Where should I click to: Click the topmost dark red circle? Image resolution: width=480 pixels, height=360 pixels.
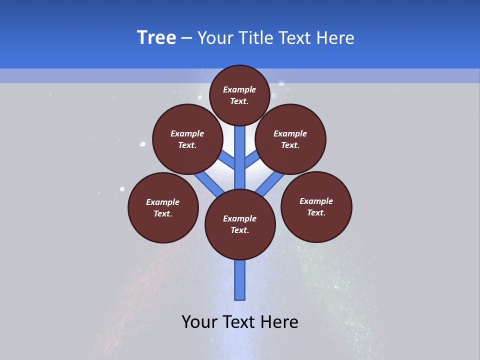point(239,95)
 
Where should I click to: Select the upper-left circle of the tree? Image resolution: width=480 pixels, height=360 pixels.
point(187,139)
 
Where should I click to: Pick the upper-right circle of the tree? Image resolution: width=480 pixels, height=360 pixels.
point(290,139)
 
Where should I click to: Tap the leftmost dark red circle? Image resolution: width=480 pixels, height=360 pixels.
point(163,207)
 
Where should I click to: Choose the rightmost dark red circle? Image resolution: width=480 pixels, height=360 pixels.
point(316,206)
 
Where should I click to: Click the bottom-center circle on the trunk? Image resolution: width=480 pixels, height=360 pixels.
point(240,224)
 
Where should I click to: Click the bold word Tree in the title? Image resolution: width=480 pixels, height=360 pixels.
point(156,38)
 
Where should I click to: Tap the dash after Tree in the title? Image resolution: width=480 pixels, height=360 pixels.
point(186,38)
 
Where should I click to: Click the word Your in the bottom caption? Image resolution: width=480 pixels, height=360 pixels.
point(199,322)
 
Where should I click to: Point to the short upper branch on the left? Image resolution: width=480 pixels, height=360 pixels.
point(227,160)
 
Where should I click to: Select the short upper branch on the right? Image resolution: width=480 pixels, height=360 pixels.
point(251,160)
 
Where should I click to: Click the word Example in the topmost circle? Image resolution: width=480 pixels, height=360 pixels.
point(239,89)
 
